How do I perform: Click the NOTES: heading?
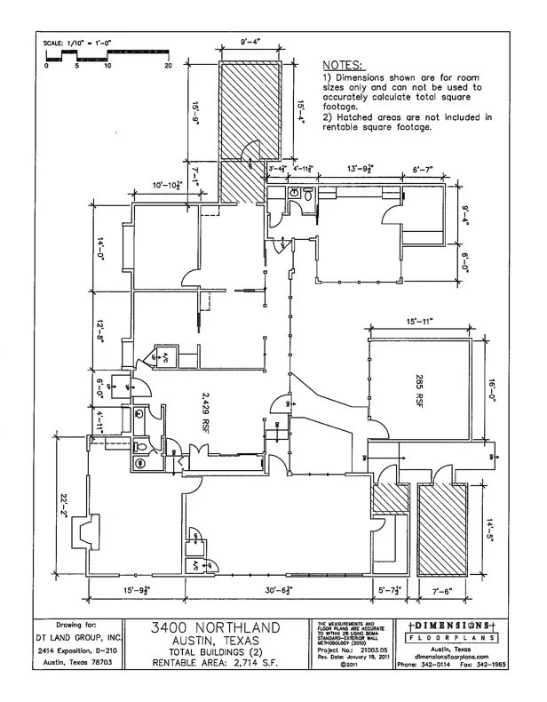[x=342, y=66]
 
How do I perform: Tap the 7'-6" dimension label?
[x=441, y=590]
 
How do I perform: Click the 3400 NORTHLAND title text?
[x=219, y=628]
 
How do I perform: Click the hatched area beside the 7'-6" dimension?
[x=440, y=529]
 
